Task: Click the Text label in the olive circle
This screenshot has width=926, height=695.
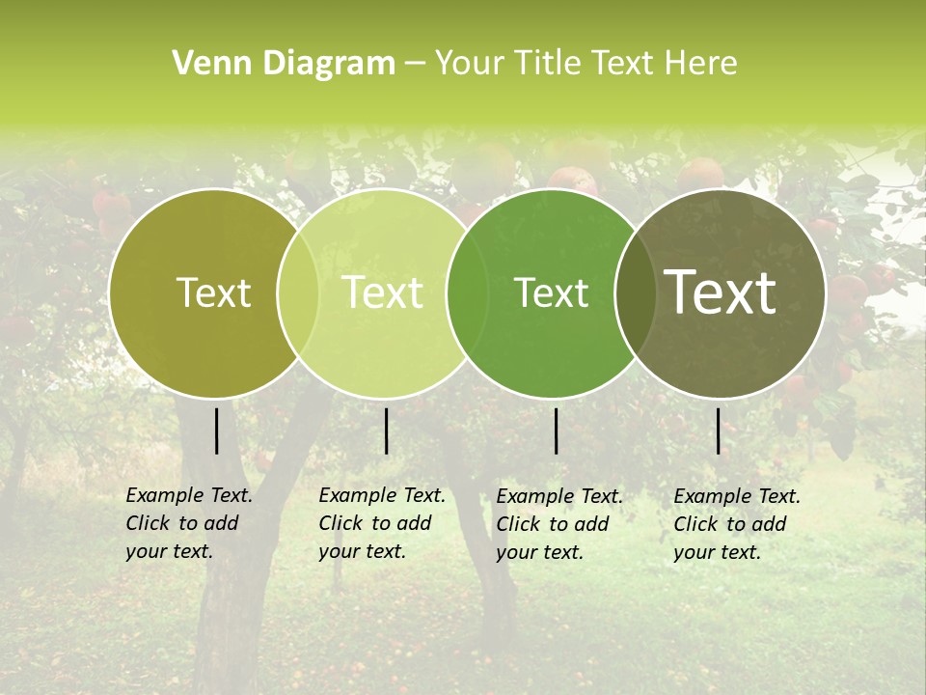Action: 213,292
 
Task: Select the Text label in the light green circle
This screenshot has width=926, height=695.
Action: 383,292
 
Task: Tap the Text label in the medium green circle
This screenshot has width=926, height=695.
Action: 552,292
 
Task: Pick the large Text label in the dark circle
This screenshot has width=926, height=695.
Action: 721,292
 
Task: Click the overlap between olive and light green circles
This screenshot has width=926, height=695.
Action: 298,293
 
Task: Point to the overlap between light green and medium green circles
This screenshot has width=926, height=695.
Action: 467,293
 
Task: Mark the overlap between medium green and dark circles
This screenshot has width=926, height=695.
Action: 636,293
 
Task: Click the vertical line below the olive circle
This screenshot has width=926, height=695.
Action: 216,431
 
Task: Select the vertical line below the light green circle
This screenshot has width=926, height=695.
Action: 386,431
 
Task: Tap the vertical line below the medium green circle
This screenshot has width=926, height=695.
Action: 556,431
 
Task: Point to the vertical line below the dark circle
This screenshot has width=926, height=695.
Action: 718,431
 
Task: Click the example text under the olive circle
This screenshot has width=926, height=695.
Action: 188,523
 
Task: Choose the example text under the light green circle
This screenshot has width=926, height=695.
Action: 381,523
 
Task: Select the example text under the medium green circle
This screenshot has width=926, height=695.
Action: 558,524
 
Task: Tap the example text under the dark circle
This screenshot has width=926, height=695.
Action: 736,524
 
